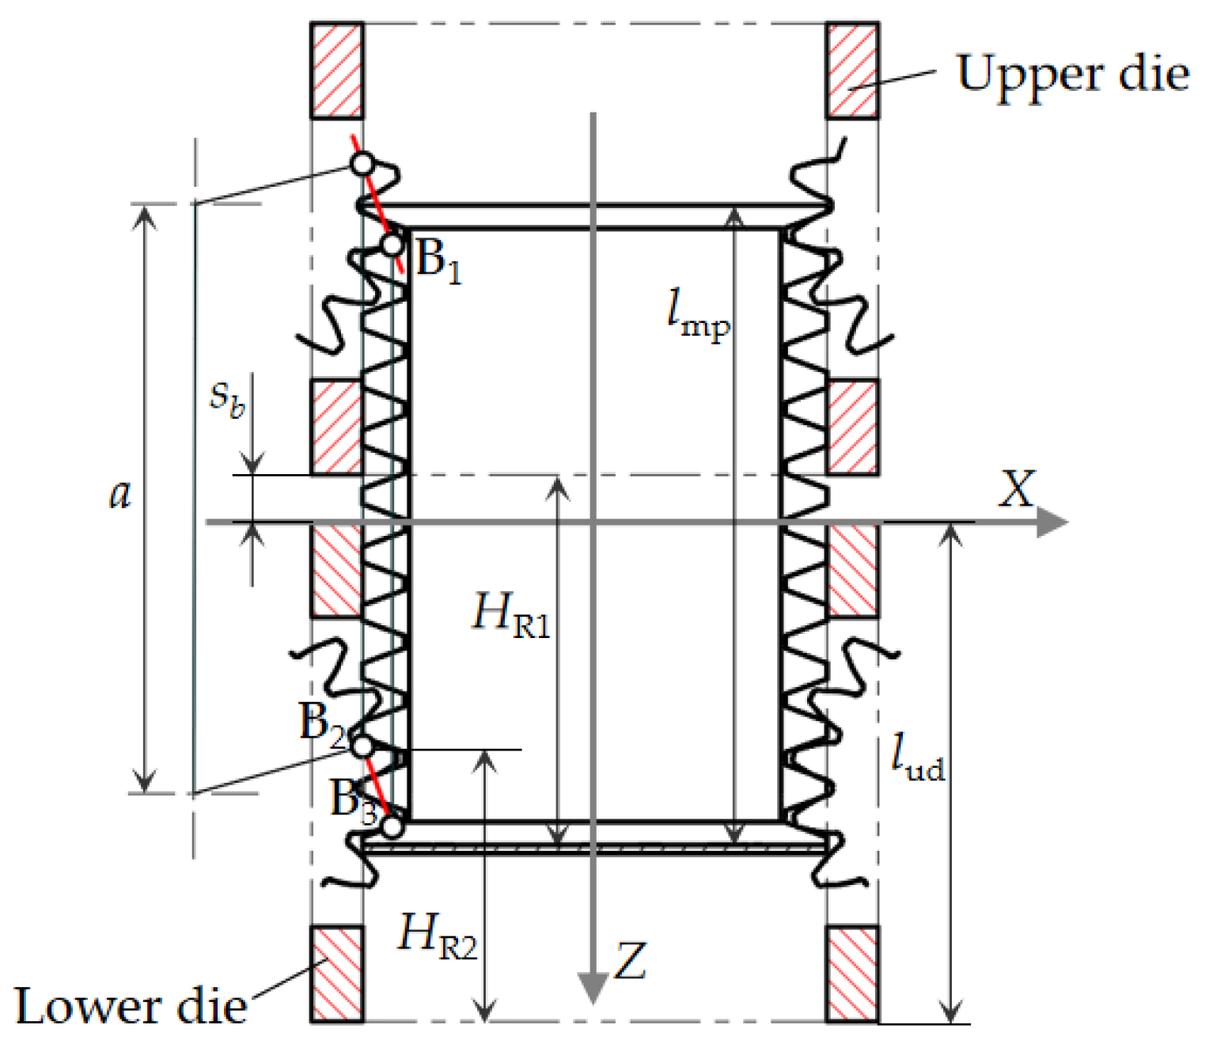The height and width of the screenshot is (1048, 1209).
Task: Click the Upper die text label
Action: (x=1072, y=74)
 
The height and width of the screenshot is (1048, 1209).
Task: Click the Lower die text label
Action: (x=131, y=1007)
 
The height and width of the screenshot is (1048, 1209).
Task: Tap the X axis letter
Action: (x=1017, y=489)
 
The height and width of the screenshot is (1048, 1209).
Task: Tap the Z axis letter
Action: (x=631, y=961)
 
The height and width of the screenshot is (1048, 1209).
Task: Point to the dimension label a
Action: (x=119, y=495)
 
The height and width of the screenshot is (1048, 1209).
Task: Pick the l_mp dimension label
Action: (x=697, y=313)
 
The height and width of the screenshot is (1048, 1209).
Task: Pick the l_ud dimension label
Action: (x=917, y=758)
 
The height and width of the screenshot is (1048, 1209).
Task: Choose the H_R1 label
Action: (x=510, y=615)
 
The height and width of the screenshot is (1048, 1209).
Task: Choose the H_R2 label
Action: (x=438, y=936)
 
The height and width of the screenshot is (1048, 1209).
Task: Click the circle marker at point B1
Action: (x=392, y=245)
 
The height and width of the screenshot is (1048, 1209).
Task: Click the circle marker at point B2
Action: (x=362, y=746)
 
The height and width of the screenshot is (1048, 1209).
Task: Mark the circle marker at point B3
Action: (x=392, y=826)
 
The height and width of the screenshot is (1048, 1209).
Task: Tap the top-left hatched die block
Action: (x=337, y=70)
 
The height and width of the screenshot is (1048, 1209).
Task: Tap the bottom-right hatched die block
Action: (x=853, y=973)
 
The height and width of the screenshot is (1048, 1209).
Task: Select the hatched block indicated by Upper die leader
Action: (x=853, y=70)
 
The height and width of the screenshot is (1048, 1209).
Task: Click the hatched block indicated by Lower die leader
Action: (x=337, y=973)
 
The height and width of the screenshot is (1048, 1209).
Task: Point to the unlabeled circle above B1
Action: (x=362, y=164)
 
